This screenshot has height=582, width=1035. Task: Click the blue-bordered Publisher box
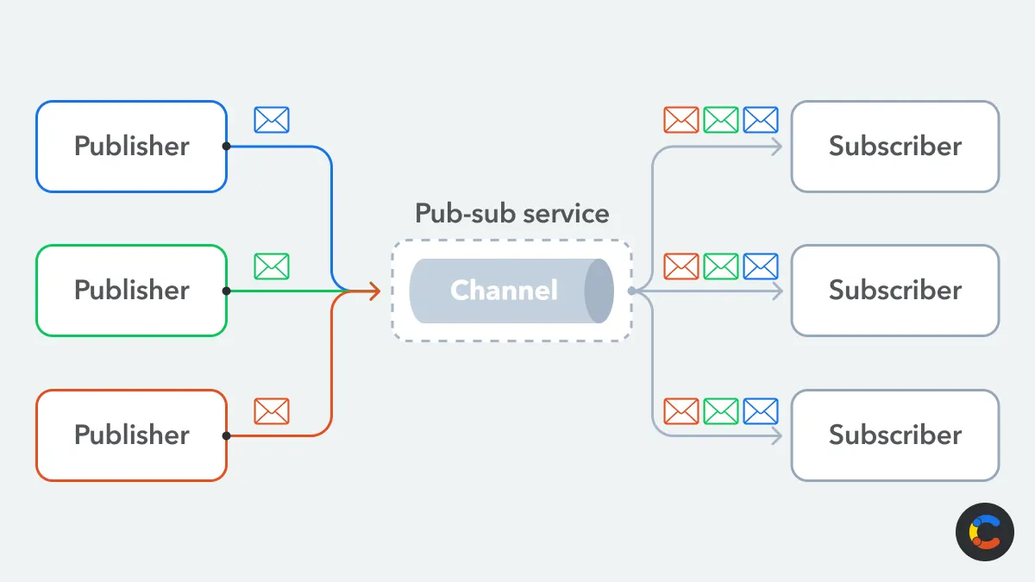pyautogui.click(x=131, y=147)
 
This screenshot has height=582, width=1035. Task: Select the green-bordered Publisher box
pyautogui.click(x=131, y=291)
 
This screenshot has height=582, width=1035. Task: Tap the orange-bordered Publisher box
pyautogui.click(x=131, y=435)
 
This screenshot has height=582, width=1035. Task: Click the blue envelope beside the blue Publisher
pyautogui.click(x=272, y=120)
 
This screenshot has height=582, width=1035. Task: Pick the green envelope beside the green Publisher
pyautogui.click(x=272, y=266)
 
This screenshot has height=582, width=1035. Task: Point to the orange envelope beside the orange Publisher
pyautogui.click(x=272, y=411)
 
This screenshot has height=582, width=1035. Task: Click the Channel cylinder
pyautogui.click(x=511, y=291)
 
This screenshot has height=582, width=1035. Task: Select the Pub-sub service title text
pyautogui.click(x=511, y=213)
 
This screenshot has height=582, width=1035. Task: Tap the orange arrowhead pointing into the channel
pyautogui.click(x=374, y=291)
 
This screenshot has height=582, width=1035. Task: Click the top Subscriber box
pyautogui.click(x=894, y=147)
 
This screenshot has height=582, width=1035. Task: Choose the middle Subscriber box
pyautogui.click(x=894, y=291)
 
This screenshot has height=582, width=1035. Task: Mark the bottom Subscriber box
pyautogui.click(x=894, y=435)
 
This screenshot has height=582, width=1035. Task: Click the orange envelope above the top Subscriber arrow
pyautogui.click(x=681, y=120)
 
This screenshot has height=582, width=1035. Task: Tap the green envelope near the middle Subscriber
pyautogui.click(x=721, y=266)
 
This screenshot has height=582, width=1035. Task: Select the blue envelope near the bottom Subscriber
pyautogui.click(x=761, y=411)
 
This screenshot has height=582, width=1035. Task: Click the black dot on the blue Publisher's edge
pyautogui.click(x=226, y=147)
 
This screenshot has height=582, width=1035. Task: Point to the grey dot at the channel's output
pyautogui.click(x=631, y=291)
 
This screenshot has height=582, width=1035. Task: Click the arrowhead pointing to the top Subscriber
pyautogui.click(x=777, y=147)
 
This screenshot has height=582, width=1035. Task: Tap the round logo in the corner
pyautogui.click(x=985, y=532)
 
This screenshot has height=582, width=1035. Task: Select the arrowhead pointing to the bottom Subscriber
pyautogui.click(x=777, y=435)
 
